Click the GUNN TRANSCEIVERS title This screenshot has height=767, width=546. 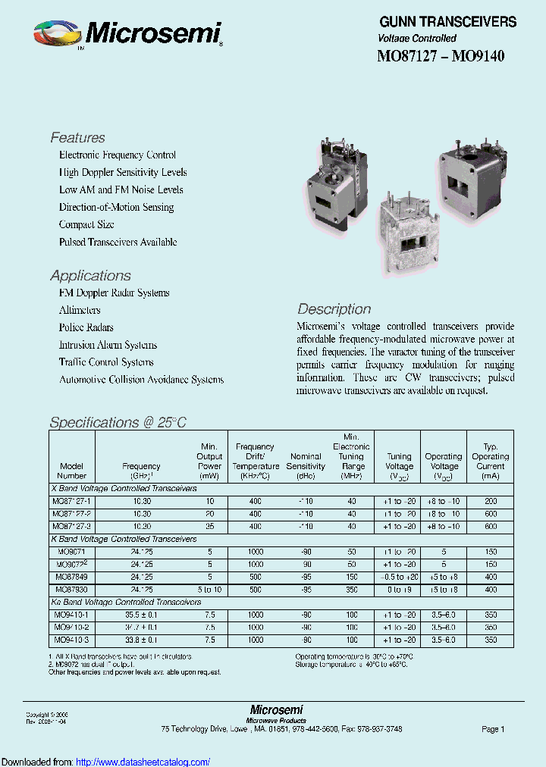click(447, 22)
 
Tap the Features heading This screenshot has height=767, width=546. click(77, 138)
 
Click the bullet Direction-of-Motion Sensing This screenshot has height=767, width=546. click(116, 207)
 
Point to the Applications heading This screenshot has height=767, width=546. click(90, 276)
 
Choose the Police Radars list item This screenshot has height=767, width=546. click(86, 327)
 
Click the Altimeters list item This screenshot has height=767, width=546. click(80, 310)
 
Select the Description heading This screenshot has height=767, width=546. click(334, 309)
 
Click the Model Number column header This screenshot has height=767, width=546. click(71, 471)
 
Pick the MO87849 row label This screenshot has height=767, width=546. click(71, 577)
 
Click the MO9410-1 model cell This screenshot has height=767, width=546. click(71, 615)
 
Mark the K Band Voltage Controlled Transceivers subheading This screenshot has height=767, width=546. click(124, 539)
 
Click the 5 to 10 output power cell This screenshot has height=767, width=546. click(209, 589)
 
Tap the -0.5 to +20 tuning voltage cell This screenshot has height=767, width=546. click(399, 577)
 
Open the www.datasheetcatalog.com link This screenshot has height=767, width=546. click(143, 762)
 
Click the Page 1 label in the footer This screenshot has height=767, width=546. click(492, 729)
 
